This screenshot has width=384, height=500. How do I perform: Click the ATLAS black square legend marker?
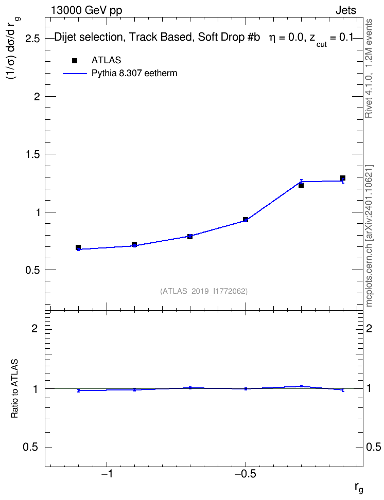point(75,61)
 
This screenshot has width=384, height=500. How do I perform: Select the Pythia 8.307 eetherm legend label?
point(134,74)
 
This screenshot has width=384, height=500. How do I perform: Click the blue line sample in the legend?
point(75,74)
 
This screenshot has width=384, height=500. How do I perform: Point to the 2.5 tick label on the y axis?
point(32,39)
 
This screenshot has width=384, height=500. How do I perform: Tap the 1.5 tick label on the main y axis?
point(32,154)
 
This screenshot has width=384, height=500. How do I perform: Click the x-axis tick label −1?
point(107,474)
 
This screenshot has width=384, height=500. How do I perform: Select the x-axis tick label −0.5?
point(245,474)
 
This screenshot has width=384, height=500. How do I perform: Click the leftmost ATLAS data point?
point(78,247)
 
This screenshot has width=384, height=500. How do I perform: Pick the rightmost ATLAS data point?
point(342,178)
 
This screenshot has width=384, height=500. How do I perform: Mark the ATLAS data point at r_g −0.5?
point(246,219)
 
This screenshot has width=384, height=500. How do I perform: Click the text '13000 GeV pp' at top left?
point(86,10)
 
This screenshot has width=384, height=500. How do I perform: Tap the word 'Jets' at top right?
point(346,10)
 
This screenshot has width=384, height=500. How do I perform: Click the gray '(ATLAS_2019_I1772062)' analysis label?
point(204,291)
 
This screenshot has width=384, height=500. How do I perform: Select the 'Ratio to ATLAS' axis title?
point(15,388)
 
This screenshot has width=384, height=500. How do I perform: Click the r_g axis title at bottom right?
point(359,488)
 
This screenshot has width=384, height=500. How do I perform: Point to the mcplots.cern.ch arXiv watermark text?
point(369,236)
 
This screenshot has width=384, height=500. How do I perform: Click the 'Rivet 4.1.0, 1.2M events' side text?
point(369,68)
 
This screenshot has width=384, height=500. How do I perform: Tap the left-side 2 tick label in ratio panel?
point(34,328)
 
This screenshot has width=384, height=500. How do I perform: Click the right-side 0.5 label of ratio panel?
point(374,447)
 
